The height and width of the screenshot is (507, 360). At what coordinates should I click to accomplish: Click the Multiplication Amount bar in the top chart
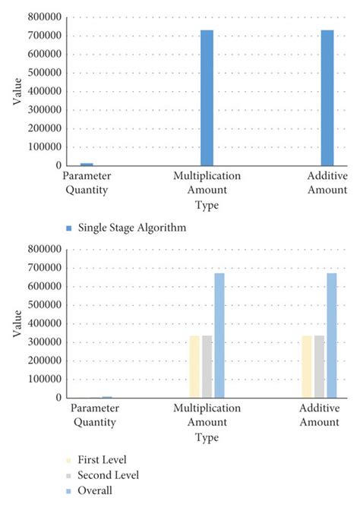click(x=207, y=98)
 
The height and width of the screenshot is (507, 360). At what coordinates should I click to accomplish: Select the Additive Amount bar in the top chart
click(x=327, y=98)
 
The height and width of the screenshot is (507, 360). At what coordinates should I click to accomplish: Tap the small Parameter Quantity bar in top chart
click(x=87, y=163)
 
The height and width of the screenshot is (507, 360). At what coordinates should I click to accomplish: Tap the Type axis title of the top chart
click(x=207, y=205)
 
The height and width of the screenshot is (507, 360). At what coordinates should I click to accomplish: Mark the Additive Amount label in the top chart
click(x=327, y=182)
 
